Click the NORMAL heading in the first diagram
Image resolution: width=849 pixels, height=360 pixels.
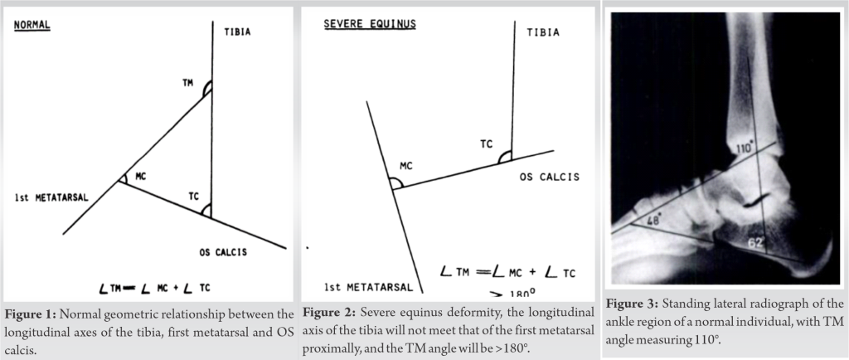32,25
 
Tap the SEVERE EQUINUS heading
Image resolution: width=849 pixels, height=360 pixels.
370,24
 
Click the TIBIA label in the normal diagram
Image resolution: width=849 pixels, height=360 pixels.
238,32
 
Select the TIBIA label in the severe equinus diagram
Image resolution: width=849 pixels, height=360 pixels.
543,32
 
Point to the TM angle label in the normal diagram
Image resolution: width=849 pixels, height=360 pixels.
188,83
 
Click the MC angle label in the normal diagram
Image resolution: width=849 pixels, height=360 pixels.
141,177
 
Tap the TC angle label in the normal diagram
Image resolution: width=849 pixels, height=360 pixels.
194,197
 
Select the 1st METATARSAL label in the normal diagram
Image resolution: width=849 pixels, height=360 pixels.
51,197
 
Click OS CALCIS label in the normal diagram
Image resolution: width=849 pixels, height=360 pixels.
223,252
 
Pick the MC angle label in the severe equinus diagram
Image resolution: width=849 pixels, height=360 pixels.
406,166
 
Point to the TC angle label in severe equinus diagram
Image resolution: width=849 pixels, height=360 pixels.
486,144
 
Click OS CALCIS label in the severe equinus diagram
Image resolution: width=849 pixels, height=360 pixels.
550,177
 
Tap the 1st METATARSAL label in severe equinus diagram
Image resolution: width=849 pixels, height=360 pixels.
369,288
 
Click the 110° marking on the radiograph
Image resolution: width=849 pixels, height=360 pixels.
745,148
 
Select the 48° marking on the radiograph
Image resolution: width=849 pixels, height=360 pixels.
653,221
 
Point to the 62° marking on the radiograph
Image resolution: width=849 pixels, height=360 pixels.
756,243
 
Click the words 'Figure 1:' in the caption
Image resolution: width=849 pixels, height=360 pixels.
31,314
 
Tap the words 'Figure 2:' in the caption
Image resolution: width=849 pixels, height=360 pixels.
328,313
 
